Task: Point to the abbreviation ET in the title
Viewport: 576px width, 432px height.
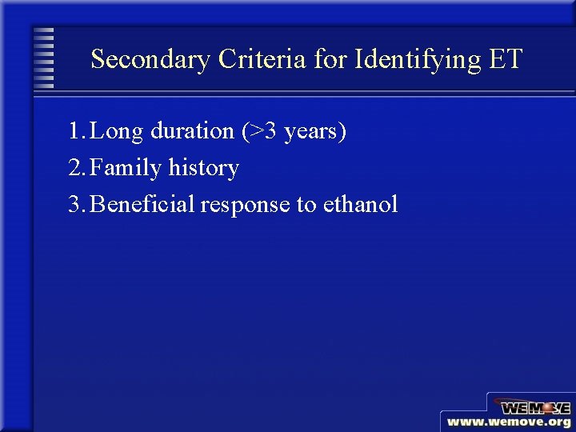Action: coord(504,59)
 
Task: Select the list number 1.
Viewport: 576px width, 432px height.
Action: coord(74,131)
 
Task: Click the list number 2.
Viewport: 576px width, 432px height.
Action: coord(74,168)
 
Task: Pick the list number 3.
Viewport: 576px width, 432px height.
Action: coord(74,205)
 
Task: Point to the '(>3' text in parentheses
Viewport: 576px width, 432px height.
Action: coord(258,131)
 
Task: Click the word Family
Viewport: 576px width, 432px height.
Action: coord(126,168)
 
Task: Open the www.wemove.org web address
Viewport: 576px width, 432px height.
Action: coord(509,422)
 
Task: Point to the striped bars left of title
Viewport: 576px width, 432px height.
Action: coord(45,58)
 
